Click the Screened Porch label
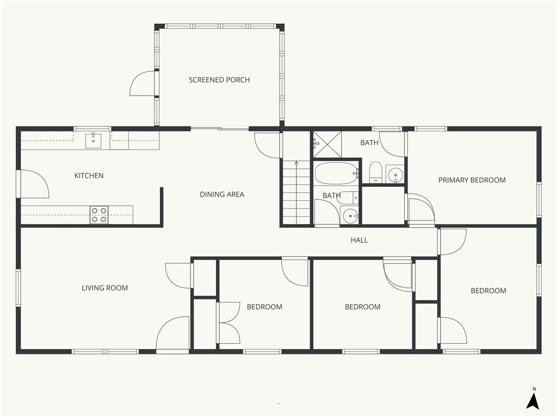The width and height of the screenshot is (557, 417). pyautogui.click(x=219, y=80)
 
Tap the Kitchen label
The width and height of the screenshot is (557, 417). pyautogui.click(x=89, y=175)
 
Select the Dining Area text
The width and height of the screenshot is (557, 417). pyautogui.click(x=222, y=194)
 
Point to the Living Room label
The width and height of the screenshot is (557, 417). pyautogui.click(x=105, y=288)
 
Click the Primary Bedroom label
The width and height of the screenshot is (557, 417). pyautogui.click(x=472, y=180)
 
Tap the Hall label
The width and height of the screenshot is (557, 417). pyautogui.click(x=359, y=240)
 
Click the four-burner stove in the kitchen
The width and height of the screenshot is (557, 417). pyautogui.click(x=99, y=215)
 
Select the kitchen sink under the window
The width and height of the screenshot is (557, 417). pyautogui.click(x=93, y=141)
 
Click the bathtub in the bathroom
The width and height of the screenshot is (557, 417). pyautogui.click(x=336, y=173)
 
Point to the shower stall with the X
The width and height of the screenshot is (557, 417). pyautogui.click(x=327, y=144)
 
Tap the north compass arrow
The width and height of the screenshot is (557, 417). pyautogui.click(x=533, y=400)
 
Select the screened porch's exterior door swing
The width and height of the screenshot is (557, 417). pyautogui.click(x=143, y=83)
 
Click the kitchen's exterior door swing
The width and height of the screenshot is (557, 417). pyautogui.click(x=35, y=184)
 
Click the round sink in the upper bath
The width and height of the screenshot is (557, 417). pyautogui.click(x=395, y=174)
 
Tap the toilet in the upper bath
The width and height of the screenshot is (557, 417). pyautogui.click(x=375, y=172)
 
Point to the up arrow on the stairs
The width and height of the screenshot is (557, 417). pyautogui.click(x=296, y=164)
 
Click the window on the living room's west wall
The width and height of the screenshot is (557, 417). pyautogui.click(x=18, y=288)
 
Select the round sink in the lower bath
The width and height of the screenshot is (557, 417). pyautogui.click(x=351, y=215)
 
